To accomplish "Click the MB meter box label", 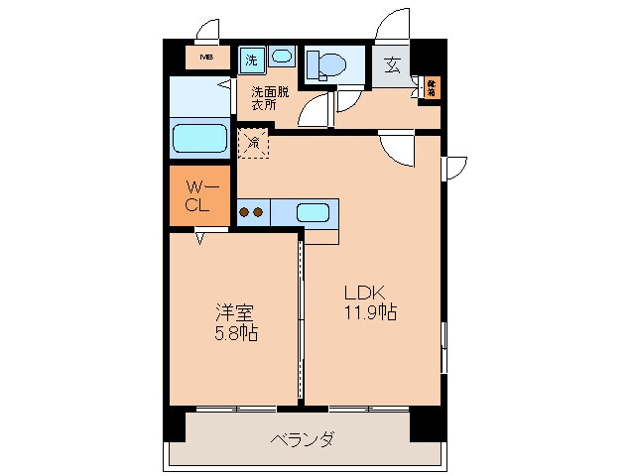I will coord(206,57).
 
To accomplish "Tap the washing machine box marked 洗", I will coord(251,59).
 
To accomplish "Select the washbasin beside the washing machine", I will coord(281,58).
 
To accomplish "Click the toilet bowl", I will coord(325,65).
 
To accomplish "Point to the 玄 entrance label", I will coord(392,66).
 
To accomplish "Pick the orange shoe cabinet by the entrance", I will coord(432,88).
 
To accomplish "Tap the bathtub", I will coord(201,137).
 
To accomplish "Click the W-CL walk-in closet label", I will coord(198,195).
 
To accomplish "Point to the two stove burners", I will coord(252,211).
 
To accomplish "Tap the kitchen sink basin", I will coord(313,211).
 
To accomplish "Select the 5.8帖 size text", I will coord(235,334).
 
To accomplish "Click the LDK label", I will coord(363,294).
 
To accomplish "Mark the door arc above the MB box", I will coord(209,30).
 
